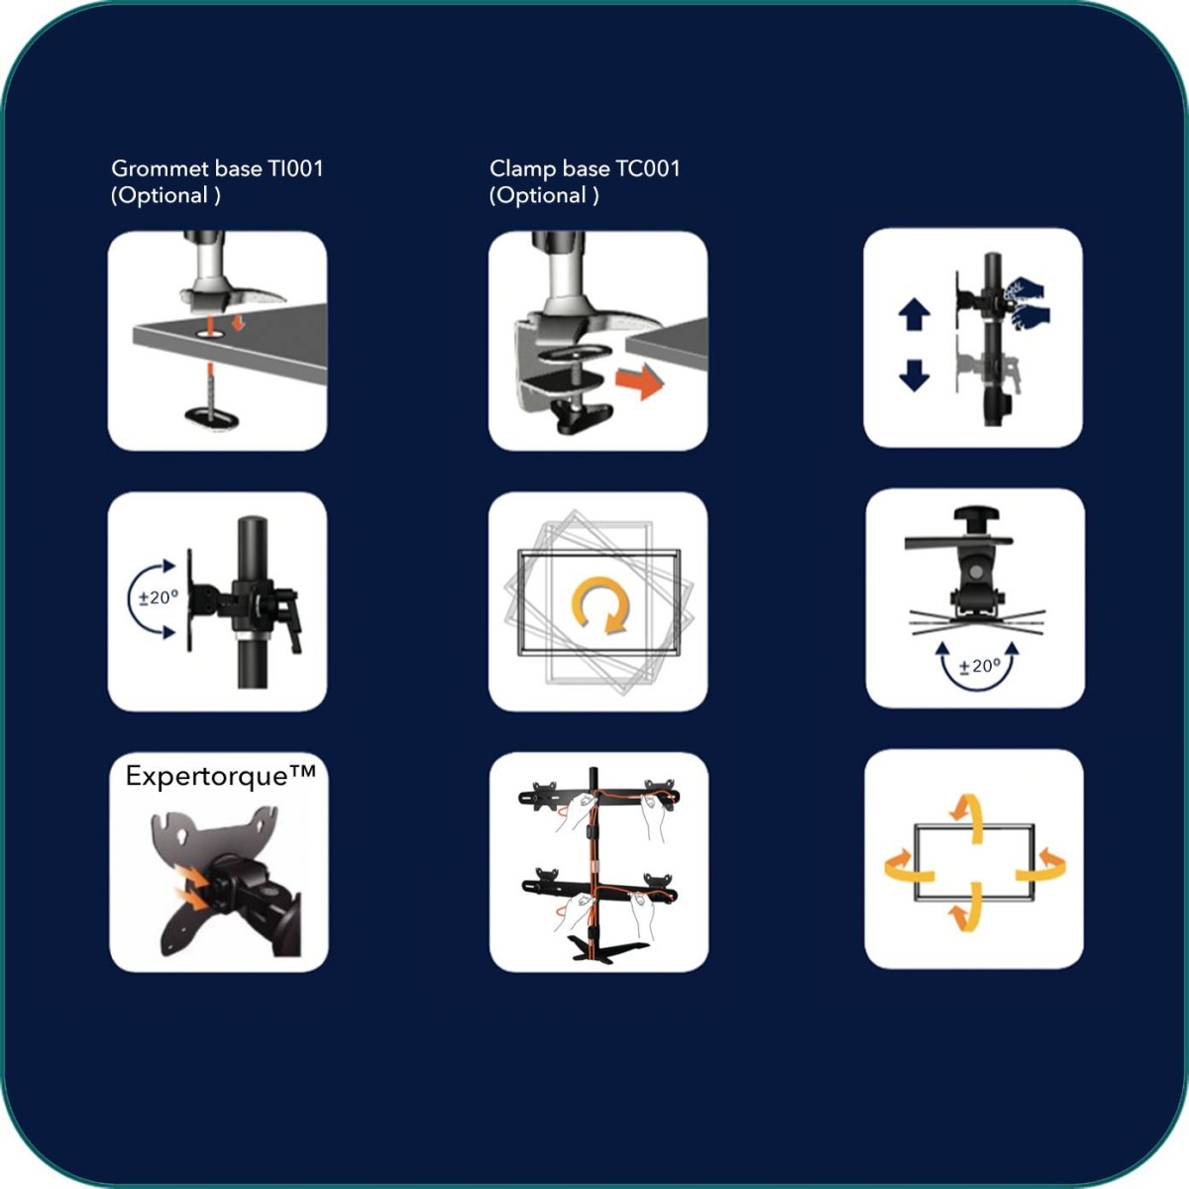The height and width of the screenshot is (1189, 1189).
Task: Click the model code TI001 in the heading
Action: click(x=295, y=168)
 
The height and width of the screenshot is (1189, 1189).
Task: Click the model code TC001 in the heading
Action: click(x=648, y=168)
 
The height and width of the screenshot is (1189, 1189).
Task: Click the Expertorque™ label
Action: click(x=220, y=776)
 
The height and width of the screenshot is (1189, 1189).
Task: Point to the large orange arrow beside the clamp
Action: click(x=639, y=380)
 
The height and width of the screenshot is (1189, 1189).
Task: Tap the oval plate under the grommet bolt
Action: click(x=212, y=418)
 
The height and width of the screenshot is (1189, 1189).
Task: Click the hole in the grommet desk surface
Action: click(x=211, y=333)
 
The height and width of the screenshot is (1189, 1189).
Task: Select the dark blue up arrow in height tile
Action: click(x=914, y=315)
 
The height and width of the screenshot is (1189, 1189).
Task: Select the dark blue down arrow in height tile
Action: click(x=914, y=376)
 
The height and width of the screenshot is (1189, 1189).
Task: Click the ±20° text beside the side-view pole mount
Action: click(x=158, y=597)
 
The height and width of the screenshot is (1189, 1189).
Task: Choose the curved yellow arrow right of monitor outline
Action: click(x=1042, y=867)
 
